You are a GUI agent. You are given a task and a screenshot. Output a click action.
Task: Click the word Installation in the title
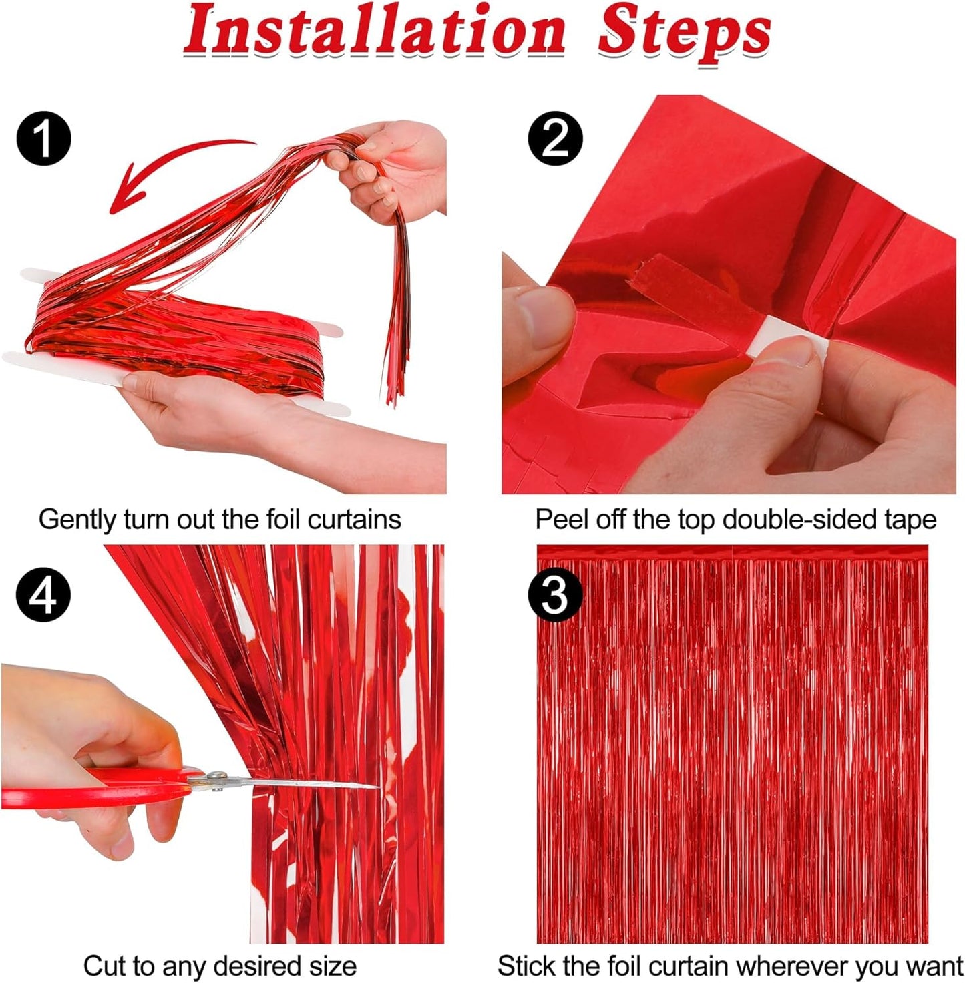(x=374, y=32)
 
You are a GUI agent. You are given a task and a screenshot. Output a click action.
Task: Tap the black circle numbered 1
(x=43, y=138)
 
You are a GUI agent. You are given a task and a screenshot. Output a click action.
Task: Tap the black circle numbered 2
(x=555, y=138)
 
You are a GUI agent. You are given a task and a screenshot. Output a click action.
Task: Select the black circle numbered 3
(x=555, y=594)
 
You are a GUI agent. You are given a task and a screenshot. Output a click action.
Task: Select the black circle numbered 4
(x=43, y=594)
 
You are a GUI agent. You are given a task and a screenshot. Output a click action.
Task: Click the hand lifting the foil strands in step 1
(x=394, y=167)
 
